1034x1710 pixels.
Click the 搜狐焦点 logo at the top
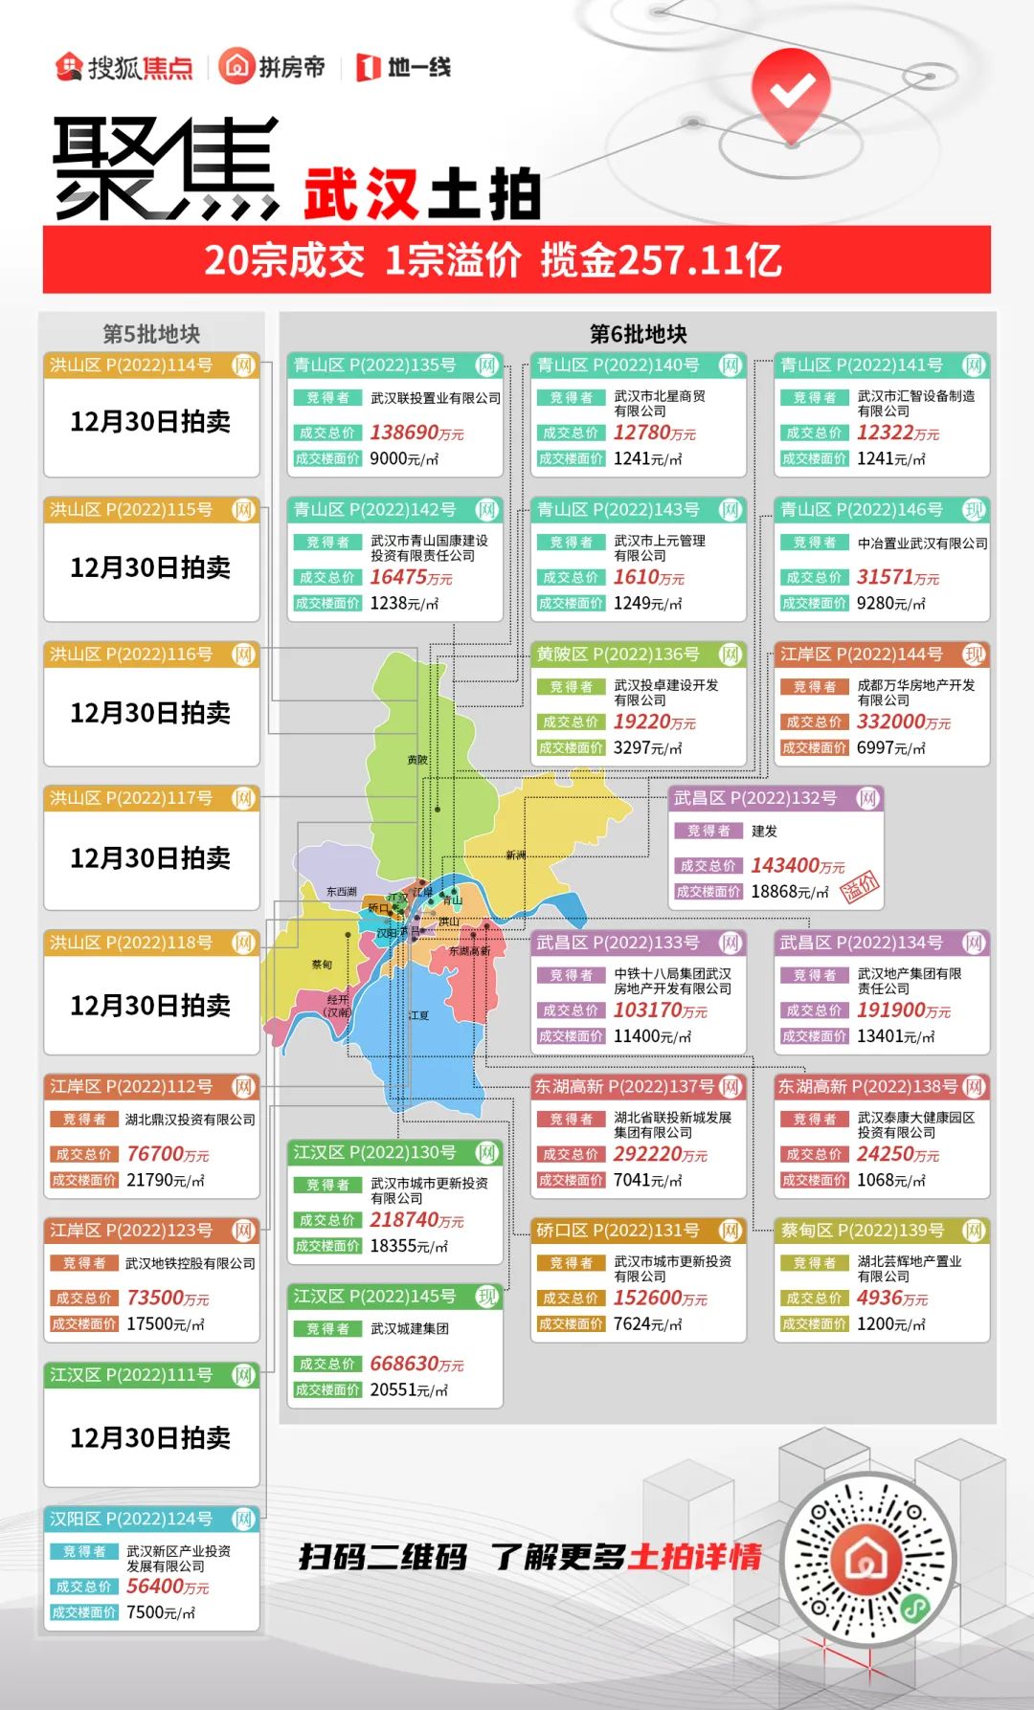tap(124, 67)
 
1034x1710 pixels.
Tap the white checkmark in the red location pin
tap(792, 91)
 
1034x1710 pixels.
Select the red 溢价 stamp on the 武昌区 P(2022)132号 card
tap(859, 888)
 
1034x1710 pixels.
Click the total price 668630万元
tap(416, 1364)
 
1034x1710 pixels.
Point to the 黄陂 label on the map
tap(417, 760)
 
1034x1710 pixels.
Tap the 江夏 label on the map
tap(418, 1015)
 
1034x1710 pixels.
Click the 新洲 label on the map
tap(516, 855)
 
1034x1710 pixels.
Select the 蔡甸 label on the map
tap(322, 965)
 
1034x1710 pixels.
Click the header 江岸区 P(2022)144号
tap(862, 655)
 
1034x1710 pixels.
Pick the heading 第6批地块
tap(638, 334)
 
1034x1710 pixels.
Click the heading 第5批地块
tap(151, 334)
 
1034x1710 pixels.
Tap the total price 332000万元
tap(904, 722)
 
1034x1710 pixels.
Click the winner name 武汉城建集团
tap(410, 1328)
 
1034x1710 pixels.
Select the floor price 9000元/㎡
tap(404, 459)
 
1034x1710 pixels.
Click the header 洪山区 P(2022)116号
tap(131, 655)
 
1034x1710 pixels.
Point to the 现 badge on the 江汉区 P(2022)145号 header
tap(487, 1297)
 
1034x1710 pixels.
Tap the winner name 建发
tap(764, 831)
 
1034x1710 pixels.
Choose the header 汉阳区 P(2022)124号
tap(131, 1519)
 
